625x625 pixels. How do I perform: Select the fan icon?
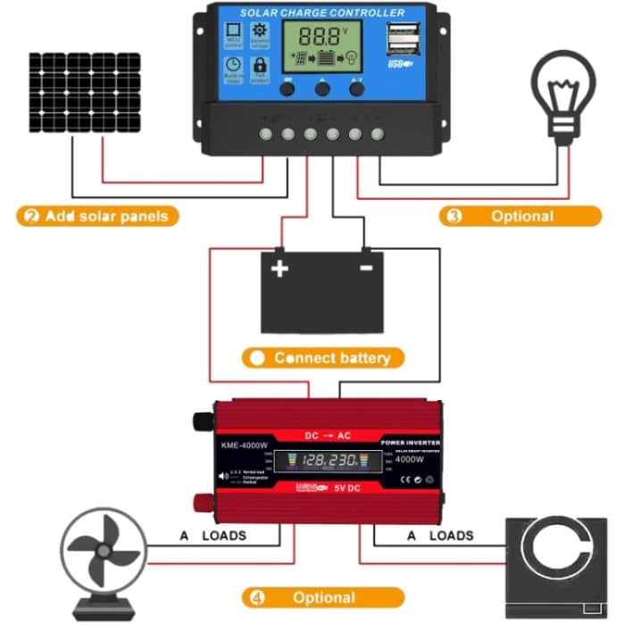(x=103, y=554)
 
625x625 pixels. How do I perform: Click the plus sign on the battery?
(x=280, y=267)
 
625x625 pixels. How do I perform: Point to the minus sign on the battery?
(x=365, y=267)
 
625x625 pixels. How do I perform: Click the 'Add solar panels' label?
(x=97, y=216)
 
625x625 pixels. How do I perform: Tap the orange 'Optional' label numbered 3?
(x=520, y=216)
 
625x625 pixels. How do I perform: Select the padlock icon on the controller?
(x=260, y=65)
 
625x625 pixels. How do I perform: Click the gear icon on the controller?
(x=260, y=34)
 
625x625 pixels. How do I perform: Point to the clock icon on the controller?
(x=232, y=65)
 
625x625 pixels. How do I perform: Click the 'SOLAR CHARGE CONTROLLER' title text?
(x=322, y=12)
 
